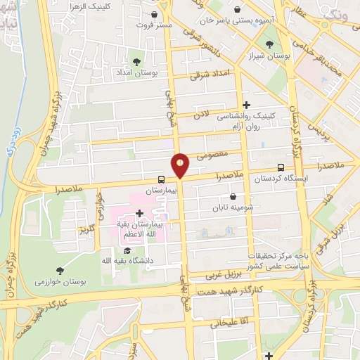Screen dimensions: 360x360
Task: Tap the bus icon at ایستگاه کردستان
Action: (x=281, y=168)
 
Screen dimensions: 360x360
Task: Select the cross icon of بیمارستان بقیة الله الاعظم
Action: (x=139, y=213)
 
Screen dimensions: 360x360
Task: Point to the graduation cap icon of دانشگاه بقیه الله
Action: (x=127, y=250)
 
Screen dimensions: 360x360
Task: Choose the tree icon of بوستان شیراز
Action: (x=269, y=45)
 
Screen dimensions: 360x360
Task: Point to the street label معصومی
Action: (x=212, y=154)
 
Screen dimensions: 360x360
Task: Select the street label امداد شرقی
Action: (x=210, y=75)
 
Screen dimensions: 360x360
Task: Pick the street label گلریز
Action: (x=86, y=230)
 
